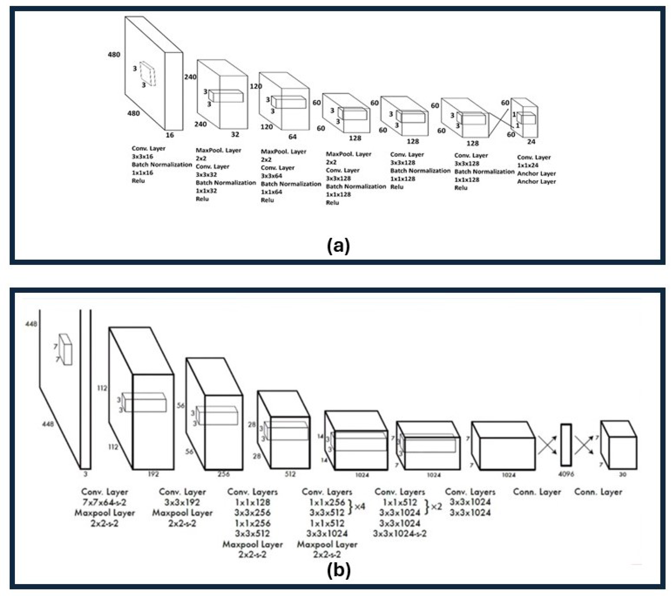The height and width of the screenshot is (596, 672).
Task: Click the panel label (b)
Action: pos(339,571)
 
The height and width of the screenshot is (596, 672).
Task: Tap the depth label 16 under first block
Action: pos(170,135)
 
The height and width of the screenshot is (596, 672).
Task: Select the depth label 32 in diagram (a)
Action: pos(235,135)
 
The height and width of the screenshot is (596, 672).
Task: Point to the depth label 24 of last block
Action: pos(531,142)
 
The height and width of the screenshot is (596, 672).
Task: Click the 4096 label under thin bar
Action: pos(566,474)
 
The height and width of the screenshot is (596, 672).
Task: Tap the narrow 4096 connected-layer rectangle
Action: pos(566,445)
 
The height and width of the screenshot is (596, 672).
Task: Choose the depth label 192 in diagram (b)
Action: pos(153,474)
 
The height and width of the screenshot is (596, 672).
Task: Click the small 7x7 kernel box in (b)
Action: pos(65,349)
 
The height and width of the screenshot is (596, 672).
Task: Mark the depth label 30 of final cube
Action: pos(622,475)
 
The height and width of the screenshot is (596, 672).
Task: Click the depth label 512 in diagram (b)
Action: pos(290,474)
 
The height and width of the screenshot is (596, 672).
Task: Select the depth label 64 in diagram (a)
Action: pos(292,137)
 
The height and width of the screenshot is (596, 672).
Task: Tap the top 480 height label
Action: pos(114,55)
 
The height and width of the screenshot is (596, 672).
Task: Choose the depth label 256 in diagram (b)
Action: pos(224,474)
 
